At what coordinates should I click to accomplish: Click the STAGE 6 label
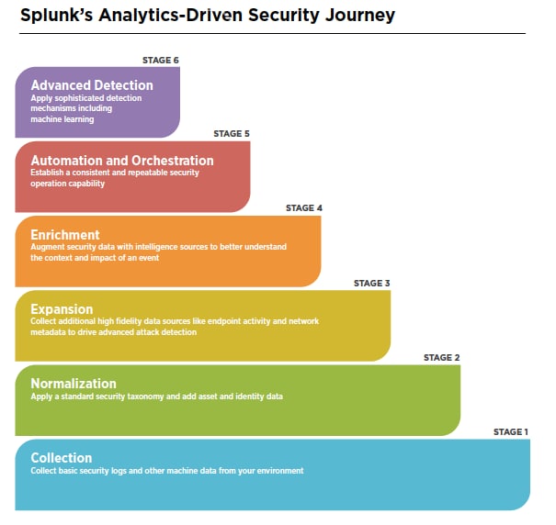click(161, 61)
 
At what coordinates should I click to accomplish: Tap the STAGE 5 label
click(232, 134)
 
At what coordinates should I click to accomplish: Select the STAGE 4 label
click(304, 208)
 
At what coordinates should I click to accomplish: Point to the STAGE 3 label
click(371, 283)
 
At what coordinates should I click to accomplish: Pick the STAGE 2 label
click(441, 357)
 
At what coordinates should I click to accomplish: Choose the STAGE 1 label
click(511, 431)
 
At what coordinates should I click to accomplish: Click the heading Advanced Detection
click(92, 85)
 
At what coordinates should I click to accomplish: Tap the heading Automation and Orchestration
click(122, 161)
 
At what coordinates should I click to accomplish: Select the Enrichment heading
click(65, 235)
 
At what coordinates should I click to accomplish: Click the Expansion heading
click(62, 309)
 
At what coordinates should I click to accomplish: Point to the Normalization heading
click(74, 384)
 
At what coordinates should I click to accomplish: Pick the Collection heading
click(62, 458)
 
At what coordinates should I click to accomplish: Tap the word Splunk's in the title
click(56, 16)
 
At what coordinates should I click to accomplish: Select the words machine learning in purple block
click(62, 119)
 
